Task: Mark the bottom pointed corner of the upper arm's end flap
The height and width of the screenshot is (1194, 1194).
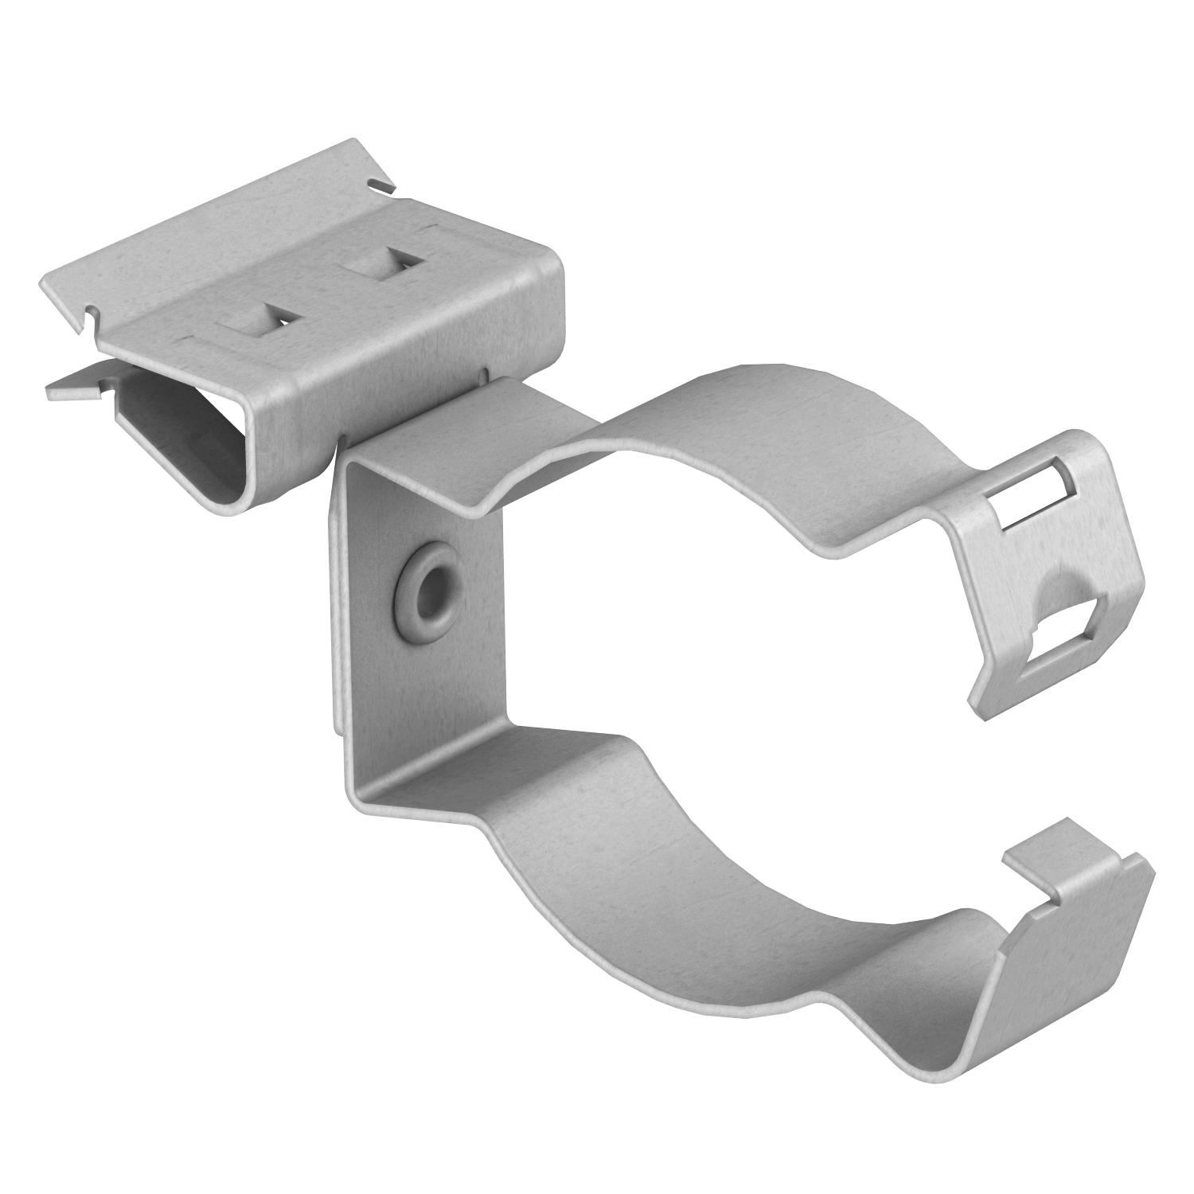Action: tap(977, 704)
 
